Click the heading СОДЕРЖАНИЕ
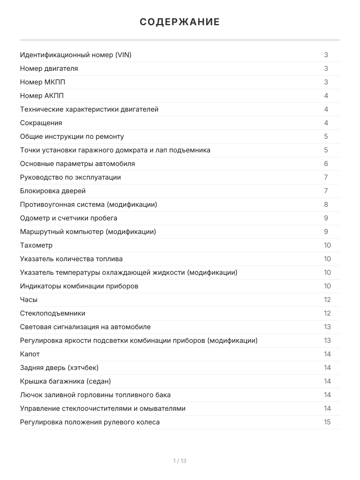pos(180,22)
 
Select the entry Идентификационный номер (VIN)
pos(76,55)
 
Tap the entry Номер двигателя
pos(49,68)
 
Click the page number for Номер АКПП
pos(326,96)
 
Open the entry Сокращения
pos(41,123)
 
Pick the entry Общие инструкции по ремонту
pos(72,136)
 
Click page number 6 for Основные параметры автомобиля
pos(326,164)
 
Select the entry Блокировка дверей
pos(53,191)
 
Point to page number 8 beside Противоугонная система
pos(326,204)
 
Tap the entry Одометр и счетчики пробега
pos(68,218)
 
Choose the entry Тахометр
pos(36,245)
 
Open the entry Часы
pos(29,300)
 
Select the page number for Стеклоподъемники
pos(327,313)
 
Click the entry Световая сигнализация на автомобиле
pos(85,327)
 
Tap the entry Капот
pos(30,354)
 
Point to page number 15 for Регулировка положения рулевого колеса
pos(327,422)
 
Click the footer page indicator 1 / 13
pos(180,461)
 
